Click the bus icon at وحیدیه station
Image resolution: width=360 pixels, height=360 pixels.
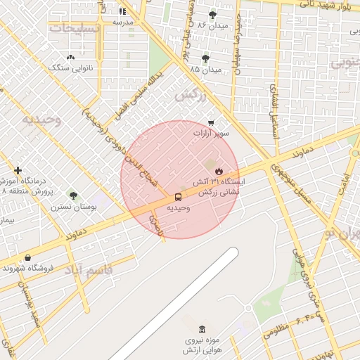pyautogui.click(x=178, y=197)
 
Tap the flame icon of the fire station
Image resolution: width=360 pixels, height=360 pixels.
pyautogui.click(x=219, y=170)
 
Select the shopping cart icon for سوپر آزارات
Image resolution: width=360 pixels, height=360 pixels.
pyautogui.click(x=211, y=122)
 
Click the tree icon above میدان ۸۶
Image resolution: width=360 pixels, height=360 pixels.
pyautogui.click(x=212, y=14)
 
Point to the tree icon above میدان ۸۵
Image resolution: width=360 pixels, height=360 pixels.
pyautogui.click(x=205, y=58)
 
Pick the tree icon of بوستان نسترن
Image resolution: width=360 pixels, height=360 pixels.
pyautogui.click(x=73, y=195)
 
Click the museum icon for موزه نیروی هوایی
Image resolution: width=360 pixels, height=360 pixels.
pyautogui.click(x=202, y=329)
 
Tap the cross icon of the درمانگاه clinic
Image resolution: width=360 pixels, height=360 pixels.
pyautogui.click(x=18, y=170)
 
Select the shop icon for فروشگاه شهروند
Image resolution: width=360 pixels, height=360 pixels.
pyautogui.click(x=27, y=258)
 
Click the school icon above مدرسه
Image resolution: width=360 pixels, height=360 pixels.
pyautogui.click(x=122, y=11)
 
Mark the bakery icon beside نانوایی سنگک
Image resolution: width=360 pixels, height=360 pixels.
pyautogui.click(x=70, y=58)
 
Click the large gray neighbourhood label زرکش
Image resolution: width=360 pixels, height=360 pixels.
pyautogui.click(x=188, y=94)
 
